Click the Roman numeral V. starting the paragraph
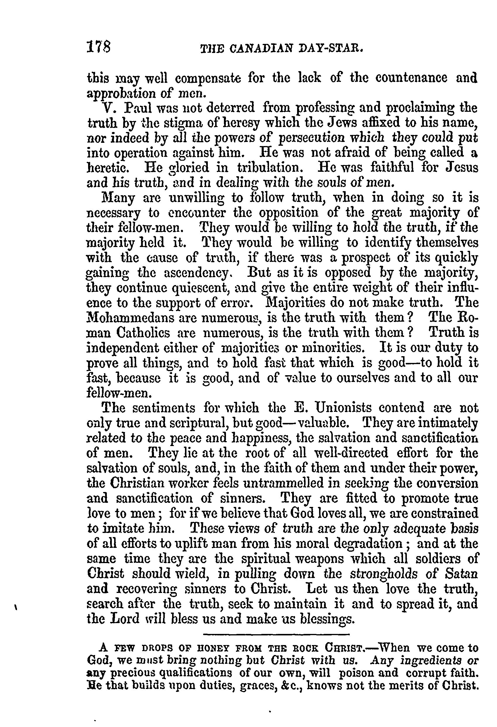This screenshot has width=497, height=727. pos(111,108)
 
